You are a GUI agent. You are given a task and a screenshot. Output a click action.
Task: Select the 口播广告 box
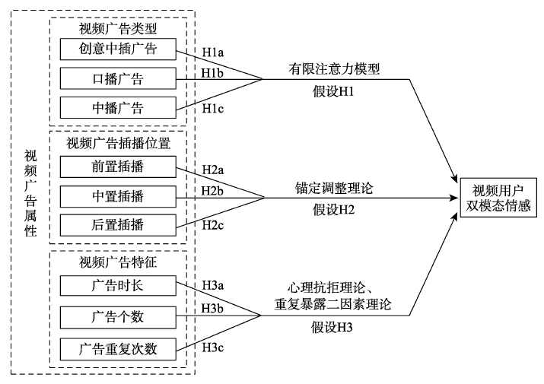pyautogui.click(x=117, y=78)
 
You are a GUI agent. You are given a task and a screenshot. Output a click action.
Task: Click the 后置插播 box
pyautogui.click(x=117, y=225)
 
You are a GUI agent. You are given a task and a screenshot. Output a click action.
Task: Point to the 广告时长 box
pyautogui.click(x=117, y=287)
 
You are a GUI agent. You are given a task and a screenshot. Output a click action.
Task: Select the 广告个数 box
pyautogui.click(x=117, y=316)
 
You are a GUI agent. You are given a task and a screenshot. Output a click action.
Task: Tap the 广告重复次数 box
pyautogui.click(x=117, y=349)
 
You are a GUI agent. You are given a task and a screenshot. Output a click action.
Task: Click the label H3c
pyautogui.click(x=214, y=348)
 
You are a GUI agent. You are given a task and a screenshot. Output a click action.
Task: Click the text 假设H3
pyautogui.click(x=332, y=328)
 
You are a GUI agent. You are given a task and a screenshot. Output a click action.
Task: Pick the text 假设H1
pyautogui.click(x=332, y=92)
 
